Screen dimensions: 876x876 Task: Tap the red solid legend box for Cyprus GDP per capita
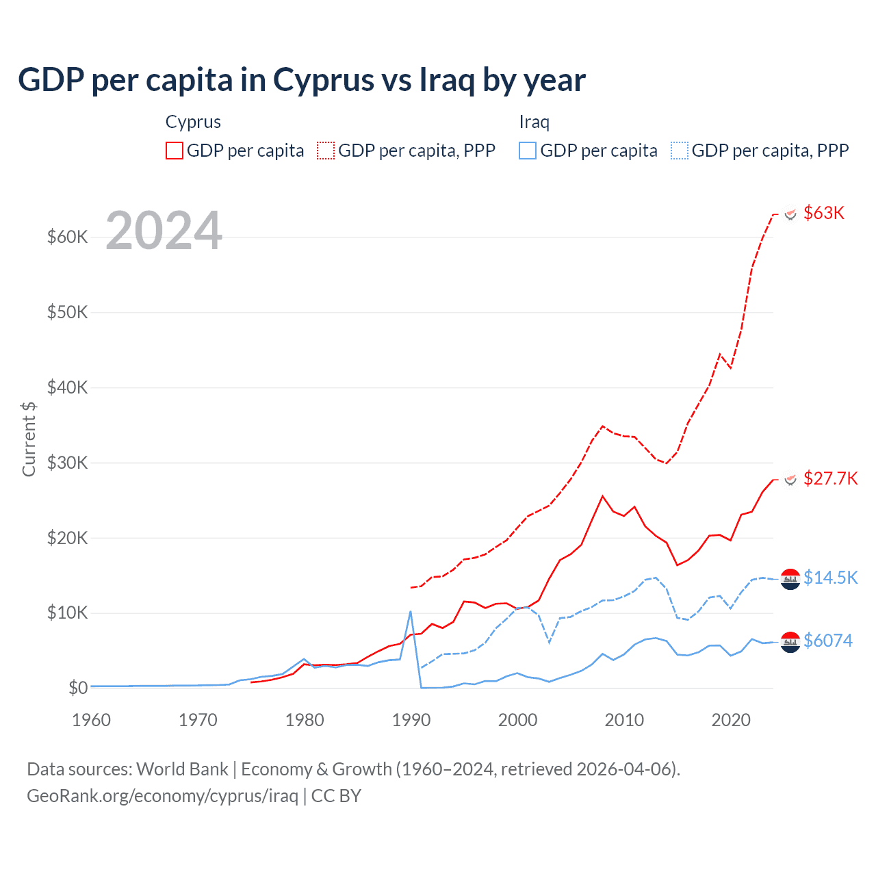pyautogui.click(x=175, y=151)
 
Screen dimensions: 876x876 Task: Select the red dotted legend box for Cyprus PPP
pyautogui.click(x=326, y=151)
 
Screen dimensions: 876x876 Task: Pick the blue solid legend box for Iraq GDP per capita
pyautogui.click(x=528, y=151)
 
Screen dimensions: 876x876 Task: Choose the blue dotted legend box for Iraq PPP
pyautogui.click(x=680, y=151)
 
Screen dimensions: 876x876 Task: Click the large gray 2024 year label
pyautogui.click(x=164, y=231)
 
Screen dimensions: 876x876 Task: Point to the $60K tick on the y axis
pyautogui.click(x=67, y=237)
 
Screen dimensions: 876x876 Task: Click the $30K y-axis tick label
pyautogui.click(x=67, y=463)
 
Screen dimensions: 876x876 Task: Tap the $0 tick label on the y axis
pyautogui.click(x=78, y=688)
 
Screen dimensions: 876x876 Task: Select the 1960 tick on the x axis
pyautogui.click(x=91, y=720)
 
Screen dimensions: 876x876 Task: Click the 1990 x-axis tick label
pyautogui.click(x=411, y=720)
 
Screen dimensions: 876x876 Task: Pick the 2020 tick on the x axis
pyautogui.click(x=731, y=720)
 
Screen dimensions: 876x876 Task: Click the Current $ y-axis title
pyautogui.click(x=29, y=439)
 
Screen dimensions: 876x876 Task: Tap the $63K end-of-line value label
pyautogui.click(x=824, y=213)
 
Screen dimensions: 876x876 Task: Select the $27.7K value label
pyautogui.click(x=830, y=478)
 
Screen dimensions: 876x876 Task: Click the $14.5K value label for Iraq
pyautogui.click(x=830, y=578)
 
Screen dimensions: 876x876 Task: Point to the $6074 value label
pyautogui.click(x=828, y=641)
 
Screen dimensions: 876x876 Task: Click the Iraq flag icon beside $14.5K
pyautogui.click(x=790, y=579)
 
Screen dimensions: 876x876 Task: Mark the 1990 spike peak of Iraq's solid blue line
pyautogui.click(x=411, y=611)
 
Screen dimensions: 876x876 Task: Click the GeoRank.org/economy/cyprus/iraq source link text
pyautogui.click(x=163, y=796)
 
